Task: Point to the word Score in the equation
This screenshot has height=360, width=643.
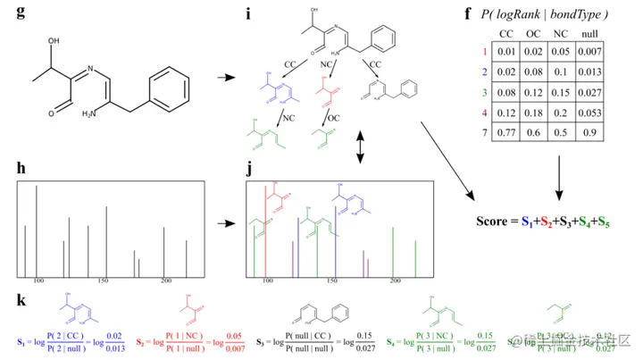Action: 493,221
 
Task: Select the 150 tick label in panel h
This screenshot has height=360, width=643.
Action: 102,280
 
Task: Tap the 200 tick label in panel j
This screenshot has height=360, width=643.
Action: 395,280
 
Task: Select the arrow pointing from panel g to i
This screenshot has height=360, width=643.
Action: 227,79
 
